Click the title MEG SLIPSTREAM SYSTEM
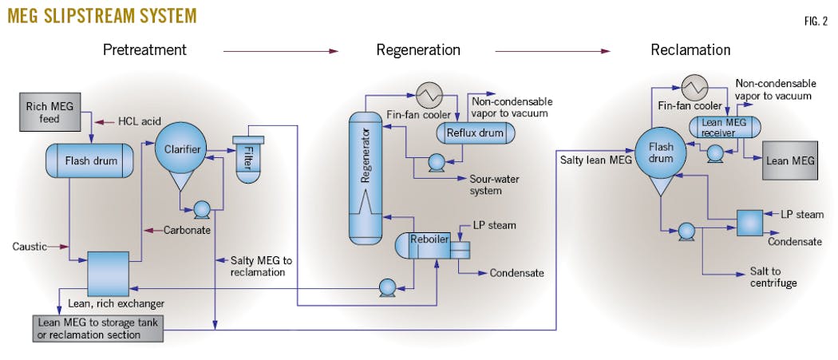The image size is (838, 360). (99, 15)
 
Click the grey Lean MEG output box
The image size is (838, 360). (790, 160)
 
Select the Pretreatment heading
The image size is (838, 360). (144, 50)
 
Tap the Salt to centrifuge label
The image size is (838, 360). (773, 277)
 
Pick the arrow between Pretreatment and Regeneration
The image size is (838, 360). (280, 51)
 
